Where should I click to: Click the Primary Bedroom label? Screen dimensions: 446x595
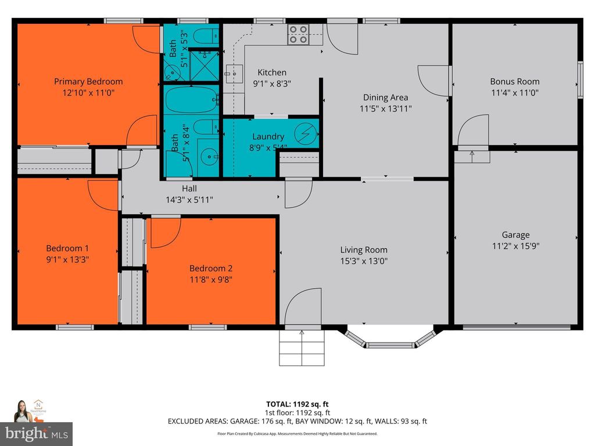tap(88, 81)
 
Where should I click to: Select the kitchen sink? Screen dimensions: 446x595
tap(234, 74)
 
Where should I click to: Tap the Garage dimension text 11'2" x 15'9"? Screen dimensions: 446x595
tap(515, 246)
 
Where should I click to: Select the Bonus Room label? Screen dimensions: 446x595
tap(514, 81)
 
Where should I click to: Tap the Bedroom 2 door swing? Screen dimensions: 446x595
tap(164, 232)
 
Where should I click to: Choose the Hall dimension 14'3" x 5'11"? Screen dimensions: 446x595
tap(189, 199)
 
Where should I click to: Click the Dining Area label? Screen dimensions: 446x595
tap(385, 97)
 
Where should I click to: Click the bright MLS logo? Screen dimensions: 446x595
tap(36, 433)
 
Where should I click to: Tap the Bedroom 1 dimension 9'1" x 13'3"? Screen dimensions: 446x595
tap(67, 259)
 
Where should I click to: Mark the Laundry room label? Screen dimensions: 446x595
tap(268, 137)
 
